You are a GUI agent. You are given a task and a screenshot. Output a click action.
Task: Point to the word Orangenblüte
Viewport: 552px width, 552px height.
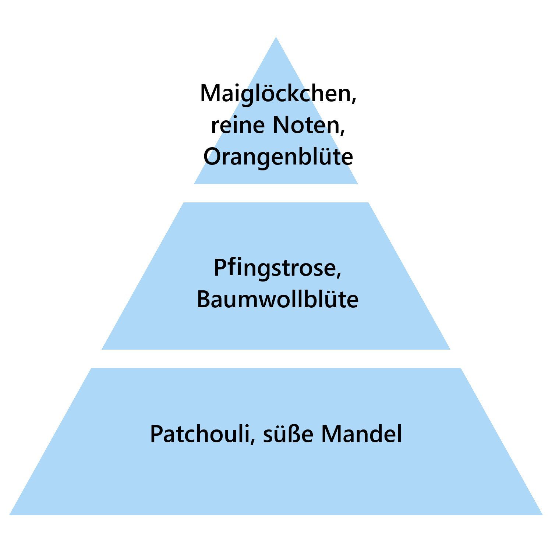point(278,157)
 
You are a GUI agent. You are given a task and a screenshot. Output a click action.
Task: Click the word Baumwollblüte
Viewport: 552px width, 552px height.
point(277,299)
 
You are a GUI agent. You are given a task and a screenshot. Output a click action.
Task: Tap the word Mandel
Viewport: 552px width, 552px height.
point(362,434)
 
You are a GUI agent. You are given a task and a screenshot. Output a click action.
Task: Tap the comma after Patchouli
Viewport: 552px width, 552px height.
point(252,440)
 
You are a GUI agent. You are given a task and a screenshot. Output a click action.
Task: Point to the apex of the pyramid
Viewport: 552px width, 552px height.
point(276,37)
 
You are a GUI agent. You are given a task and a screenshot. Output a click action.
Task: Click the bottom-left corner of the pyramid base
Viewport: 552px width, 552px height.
point(10,514)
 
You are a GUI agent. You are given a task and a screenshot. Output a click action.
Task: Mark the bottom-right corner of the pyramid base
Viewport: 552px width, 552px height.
point(542,514)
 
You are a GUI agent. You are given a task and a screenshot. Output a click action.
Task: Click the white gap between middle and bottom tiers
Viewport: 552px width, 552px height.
point(276,359)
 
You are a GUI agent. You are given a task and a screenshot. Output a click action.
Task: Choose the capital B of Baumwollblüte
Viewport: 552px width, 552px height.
point(204,299)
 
